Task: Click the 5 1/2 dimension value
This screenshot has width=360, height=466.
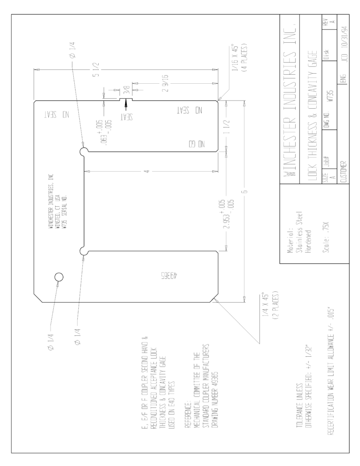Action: click(96, 70)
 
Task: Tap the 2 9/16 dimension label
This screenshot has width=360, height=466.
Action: click(166, 83)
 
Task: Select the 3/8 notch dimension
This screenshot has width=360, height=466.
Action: click(127, 90)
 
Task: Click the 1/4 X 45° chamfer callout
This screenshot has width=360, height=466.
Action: click(270, 306)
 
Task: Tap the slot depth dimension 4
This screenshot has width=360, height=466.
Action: click(148, 172)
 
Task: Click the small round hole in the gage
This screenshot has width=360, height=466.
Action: click(59, 277)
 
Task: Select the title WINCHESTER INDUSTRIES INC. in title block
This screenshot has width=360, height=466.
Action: click(289, 100)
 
